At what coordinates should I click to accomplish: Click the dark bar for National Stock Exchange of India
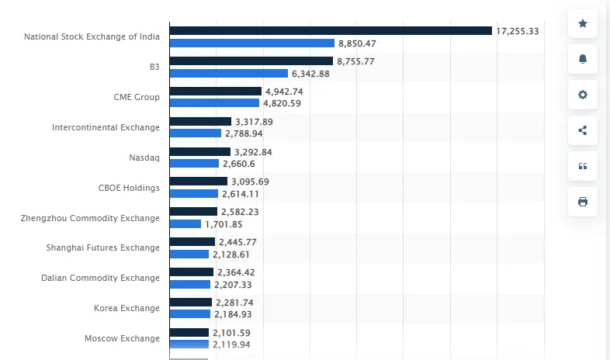[331, 31]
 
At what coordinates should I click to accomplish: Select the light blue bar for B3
[229, 74]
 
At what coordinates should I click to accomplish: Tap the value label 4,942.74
[284, 92]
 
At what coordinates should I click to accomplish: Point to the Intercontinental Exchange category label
[106, 127]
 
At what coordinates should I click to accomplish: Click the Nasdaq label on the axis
[144, 157]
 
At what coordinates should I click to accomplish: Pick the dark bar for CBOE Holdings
[199, 182]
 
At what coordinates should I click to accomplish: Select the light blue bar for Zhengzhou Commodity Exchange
[185, 224]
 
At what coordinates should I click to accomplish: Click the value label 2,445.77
[237, 242]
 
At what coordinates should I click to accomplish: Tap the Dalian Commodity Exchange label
[100, 278]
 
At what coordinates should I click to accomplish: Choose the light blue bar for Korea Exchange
[190, 313]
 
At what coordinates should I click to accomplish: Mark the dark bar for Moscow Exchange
[189, 332]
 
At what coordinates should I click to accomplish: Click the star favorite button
[583, 23]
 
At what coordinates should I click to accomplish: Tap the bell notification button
[583, 59]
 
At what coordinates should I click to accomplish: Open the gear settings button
[583, 95]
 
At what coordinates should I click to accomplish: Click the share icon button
[583, 130]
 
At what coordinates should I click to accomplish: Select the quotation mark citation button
[583, 166]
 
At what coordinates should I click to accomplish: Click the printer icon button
[583, 202]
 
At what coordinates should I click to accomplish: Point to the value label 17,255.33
[518, 31]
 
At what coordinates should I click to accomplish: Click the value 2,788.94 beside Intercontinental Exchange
[244, 133]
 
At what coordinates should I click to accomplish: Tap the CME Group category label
[137, 97]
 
